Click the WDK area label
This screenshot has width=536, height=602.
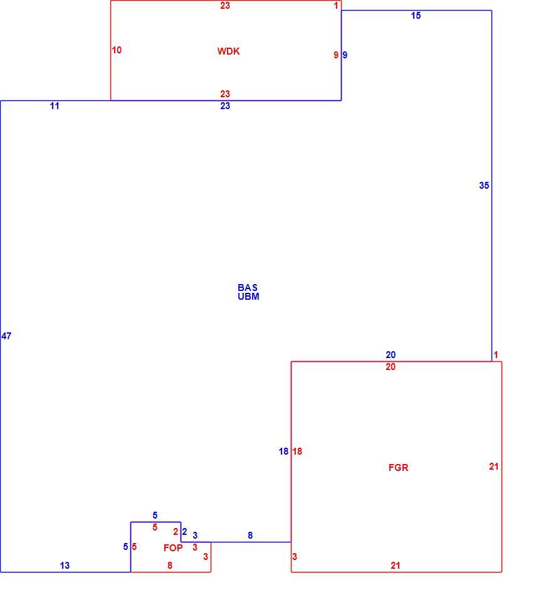click(x=228, y=51)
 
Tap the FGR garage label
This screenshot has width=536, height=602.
click(x=398, y=467)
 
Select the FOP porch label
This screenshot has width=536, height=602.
click(x=173, y=547)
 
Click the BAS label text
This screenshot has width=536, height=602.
click(x=248, y=288)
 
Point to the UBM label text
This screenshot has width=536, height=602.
click(x=248, y=297)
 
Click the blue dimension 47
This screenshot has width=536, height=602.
click(x=6, y=336)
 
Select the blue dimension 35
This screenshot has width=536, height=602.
click(x=484, y=186)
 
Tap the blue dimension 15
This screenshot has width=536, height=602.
click(x=416, y=16)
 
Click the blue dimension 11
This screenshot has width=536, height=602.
click(x=55, y=106)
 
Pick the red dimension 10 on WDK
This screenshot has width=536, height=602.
click(x=117, y=50)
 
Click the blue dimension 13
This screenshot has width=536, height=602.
click(x=65, y=565)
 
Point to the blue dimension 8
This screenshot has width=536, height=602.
click(x=250, y=535)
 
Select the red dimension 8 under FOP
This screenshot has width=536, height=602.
click(x=170, y=565)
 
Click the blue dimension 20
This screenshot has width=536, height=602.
click(x=391, y=355)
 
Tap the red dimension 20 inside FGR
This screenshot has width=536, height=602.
click(x=391, y=367)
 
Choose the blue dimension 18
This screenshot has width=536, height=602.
click(x=283, y=451)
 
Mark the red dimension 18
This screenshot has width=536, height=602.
click(x=297, y=451)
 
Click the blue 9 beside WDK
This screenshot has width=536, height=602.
click(x=345, y=55)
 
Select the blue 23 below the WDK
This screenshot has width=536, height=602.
click(x=225, y=106)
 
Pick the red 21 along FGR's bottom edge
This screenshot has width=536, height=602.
click(x=396, y=565)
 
